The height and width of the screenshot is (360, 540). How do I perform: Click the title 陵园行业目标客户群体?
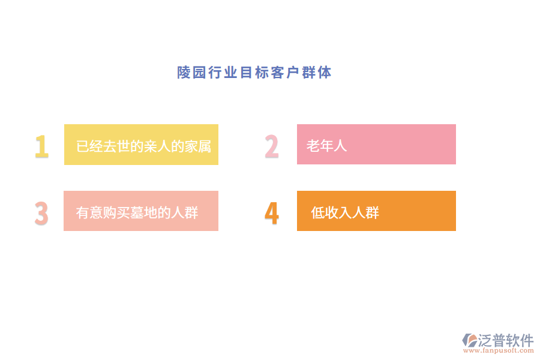pos(254,73)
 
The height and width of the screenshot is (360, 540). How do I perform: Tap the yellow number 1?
pos(41,146)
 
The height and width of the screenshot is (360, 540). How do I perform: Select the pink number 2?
pos(272,146)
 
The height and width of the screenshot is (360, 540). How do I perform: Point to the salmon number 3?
pos(41,213)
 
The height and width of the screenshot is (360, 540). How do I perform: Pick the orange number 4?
pos(272,213)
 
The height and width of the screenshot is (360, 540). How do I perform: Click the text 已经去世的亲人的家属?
pos(143,146)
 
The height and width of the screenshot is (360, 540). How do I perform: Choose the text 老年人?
pos(327,146)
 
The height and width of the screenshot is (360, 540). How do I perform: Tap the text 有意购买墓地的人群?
pos(137,212)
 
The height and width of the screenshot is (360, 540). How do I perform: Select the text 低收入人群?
pos(345,212)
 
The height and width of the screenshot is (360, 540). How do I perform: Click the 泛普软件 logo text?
pos(506,340)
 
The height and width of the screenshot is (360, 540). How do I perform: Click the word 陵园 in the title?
pos(192,73)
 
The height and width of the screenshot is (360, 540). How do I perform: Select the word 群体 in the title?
pos(317,73)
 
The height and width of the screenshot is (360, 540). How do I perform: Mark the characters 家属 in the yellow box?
pos(197,146)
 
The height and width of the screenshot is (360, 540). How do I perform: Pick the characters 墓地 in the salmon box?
pos(145,212)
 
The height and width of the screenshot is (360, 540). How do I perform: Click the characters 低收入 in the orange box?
pos(331,212)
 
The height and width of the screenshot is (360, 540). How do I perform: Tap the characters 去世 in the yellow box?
pos(116,146)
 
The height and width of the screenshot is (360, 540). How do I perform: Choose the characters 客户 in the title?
pos(286,73)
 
